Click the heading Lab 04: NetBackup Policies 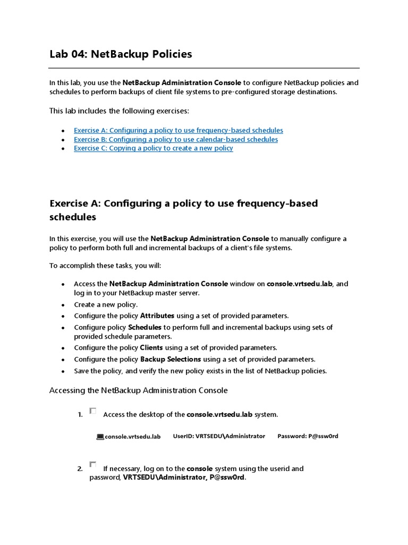[121, 54]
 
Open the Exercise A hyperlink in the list [178, 130]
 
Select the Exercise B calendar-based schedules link [175, 139]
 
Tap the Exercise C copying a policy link [153, 148]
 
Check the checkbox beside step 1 [93, 411]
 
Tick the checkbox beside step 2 [93, 465]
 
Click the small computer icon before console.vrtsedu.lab [100, 437]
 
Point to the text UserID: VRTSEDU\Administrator [219, 436]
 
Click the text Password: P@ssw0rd [308, 436]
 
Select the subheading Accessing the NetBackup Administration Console [138, 391]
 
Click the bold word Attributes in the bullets [157, 316]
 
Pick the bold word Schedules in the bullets [144, 327]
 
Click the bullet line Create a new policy [106, 305]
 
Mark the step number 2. [80, 469]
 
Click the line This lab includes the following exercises [119, 111]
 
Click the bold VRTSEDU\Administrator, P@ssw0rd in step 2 [184, 478]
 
